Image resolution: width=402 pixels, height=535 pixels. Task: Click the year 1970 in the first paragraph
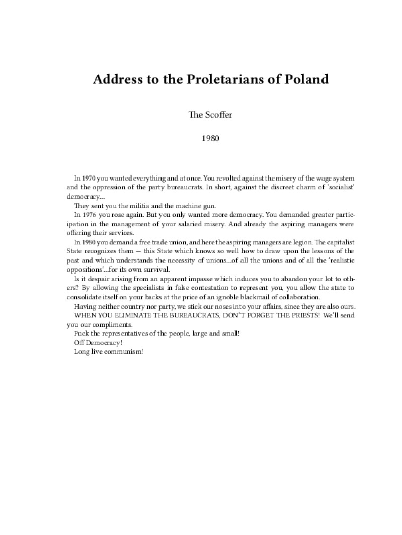click(x=89, y=179)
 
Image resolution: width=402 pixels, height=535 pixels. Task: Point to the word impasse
click(x=208, y=278)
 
